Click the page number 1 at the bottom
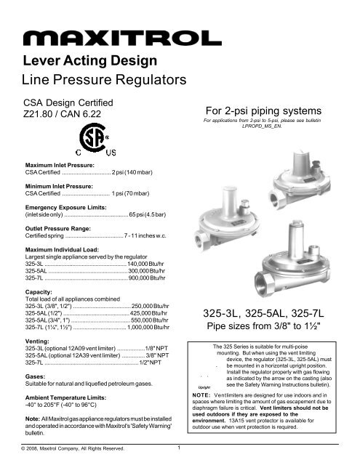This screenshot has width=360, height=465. pos(179,456)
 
